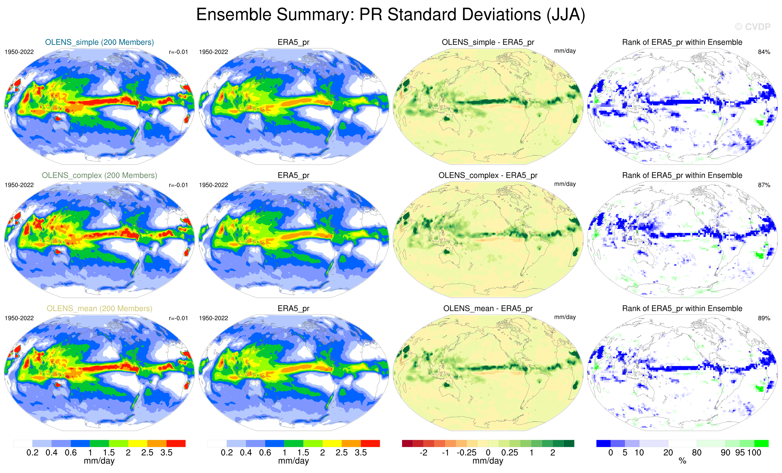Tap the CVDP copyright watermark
[x=752, y=27]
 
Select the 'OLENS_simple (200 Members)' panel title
[x=99, y=42]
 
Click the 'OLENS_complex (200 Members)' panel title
[x=99, y=175]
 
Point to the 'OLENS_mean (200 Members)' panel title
[x=99, y=308]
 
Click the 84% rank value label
[x=764, y=52]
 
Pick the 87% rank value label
[x=764, y=185]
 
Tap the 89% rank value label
[x=764, y=318]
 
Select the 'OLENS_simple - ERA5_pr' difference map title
[x=488, y=42]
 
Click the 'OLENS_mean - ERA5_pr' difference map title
[x=488, y=308]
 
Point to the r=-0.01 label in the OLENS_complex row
[x=178, y=185]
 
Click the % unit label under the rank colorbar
[x=682, y=461]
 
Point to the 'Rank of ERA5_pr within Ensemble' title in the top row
[x=682, y=42]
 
